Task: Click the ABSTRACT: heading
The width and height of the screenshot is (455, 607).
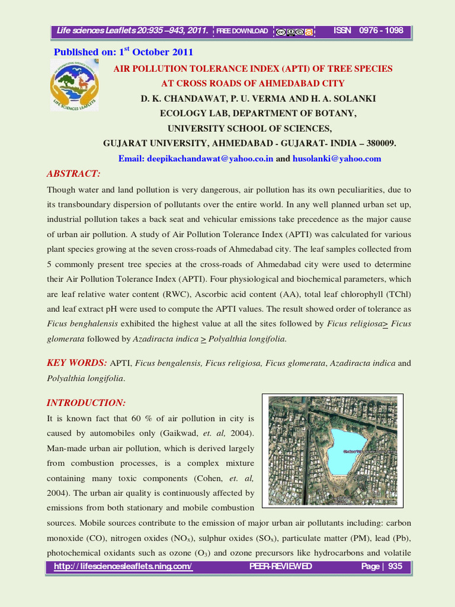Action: tap(74, 174)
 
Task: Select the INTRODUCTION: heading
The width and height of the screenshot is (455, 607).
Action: tap(86, 403)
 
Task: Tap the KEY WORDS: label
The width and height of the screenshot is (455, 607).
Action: tap(77, 363)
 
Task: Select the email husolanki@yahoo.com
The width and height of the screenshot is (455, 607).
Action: tap(337, 159)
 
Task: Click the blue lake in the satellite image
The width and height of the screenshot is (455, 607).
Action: tap(351, 451)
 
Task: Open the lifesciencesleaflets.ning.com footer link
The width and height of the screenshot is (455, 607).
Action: tap(123, 567)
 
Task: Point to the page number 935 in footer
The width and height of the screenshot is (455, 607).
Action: tap(395, 567)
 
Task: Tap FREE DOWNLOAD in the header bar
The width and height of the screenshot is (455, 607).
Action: tap(242, 31)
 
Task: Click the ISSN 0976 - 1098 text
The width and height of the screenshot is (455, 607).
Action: tap(369, 31)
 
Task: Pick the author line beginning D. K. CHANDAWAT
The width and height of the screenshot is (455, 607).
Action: tap(258, 98)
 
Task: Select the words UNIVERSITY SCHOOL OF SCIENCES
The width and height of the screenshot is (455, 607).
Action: tap(249, 129)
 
